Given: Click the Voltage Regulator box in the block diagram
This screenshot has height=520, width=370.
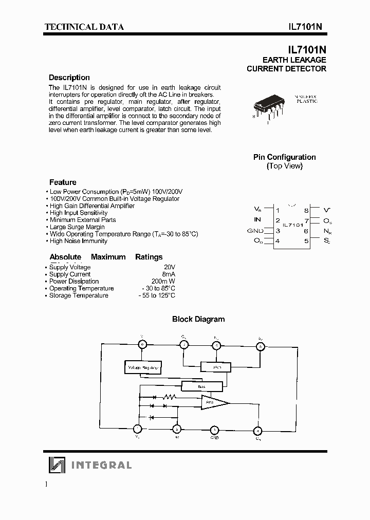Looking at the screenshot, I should [x=143, y=368].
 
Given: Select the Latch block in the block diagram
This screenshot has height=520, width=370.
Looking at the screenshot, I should [x=216, y=366].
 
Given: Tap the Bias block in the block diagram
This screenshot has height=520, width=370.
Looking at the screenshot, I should [x=202, y=386].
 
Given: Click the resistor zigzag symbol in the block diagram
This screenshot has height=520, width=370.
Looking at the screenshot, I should [x=169, y=397].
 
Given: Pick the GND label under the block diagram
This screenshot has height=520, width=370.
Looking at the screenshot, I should [x=215, y=438].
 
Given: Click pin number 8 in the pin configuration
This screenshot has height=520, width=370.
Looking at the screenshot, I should [x=306, y=210].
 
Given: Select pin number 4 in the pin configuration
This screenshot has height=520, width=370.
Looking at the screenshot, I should [x=277, y=240].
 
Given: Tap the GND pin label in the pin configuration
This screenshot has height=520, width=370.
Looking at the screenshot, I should [x=255, y=231].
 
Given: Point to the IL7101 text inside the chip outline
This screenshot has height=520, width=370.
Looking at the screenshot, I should [x=293, y=225].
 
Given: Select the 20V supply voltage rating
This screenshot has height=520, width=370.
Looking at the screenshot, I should [x=170, y=267].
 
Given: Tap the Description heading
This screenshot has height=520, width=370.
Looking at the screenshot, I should [x=69, y=78].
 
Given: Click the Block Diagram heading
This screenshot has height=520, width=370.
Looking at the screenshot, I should [x=198, y=319].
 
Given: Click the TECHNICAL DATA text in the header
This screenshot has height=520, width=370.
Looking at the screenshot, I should [x=84, y=27].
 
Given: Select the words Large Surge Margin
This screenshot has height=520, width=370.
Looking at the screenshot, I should [x=77, y=227].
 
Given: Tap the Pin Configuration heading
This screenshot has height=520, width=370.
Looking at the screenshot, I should [x=284, y=157].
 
